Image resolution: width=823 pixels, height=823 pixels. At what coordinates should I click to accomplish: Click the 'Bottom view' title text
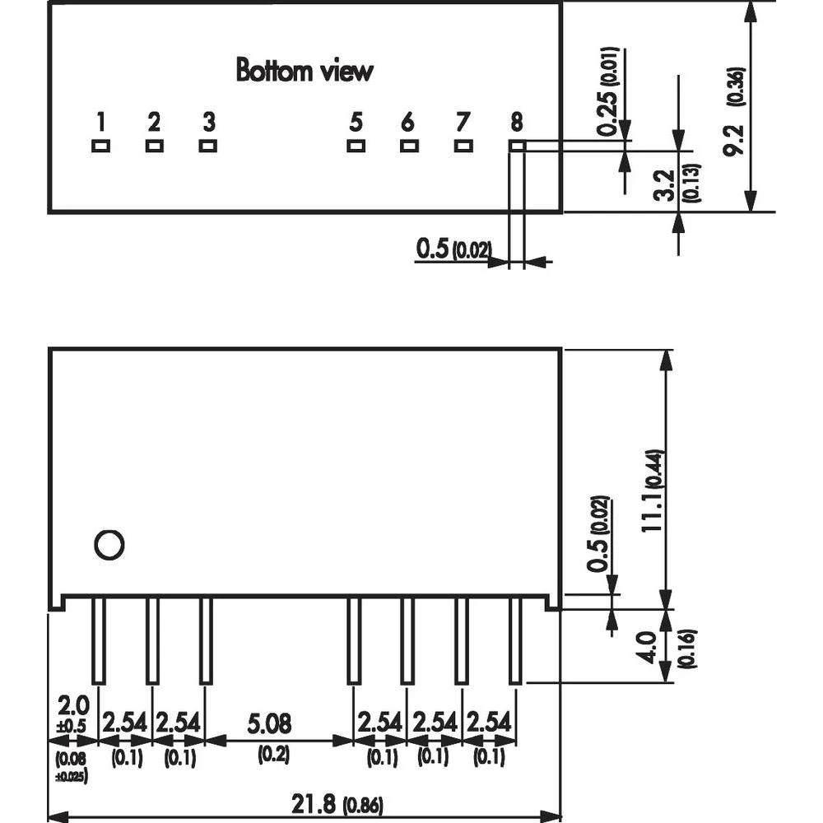[x=305, y=71]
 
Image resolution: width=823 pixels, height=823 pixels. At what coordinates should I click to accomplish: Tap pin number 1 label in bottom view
[x=100, y=123]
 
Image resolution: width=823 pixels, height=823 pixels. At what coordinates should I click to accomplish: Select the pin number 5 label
[x=356, y=123]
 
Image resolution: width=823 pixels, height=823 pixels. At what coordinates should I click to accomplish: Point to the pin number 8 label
[x=516, y=123]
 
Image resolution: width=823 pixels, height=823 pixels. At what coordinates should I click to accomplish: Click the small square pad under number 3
[x=207, y=146]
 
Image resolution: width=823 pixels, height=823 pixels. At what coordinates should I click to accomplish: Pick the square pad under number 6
[x=408, y=146]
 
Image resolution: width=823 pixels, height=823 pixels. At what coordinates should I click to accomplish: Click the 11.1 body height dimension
[x=651, y=510]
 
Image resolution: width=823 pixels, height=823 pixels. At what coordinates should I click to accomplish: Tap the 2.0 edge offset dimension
[x=71, y=705]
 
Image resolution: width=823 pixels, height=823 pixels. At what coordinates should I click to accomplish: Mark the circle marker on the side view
[x=109, y=545]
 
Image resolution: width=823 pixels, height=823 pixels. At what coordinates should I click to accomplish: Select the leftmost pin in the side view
[x=99, y=639]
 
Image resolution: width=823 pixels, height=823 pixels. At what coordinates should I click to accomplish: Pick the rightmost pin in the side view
[x=515, y=639]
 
